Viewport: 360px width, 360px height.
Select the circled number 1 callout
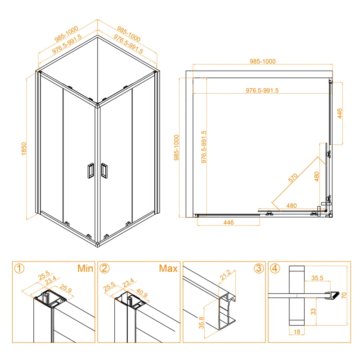tap(19, 269)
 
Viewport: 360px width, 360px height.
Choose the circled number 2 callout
tap(104, 269)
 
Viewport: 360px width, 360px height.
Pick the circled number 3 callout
tap(258, 269)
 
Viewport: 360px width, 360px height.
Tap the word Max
tap(168, 269)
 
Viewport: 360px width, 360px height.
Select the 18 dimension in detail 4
tap(297, 332)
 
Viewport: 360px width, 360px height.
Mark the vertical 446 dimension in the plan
tap(341, 113)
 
